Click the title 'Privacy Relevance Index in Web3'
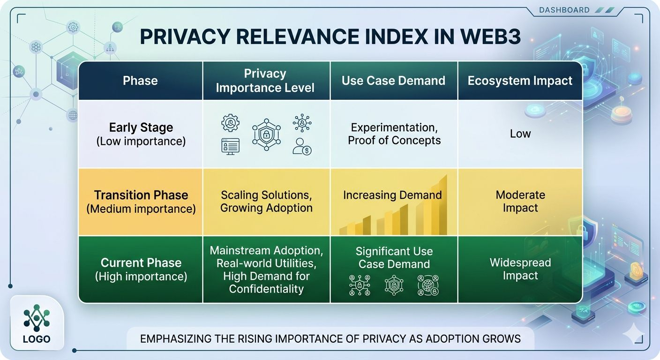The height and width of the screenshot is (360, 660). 330,37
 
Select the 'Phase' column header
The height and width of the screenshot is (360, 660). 140,81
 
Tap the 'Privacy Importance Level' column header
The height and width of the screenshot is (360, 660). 265,81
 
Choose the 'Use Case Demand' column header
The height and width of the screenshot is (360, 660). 393,81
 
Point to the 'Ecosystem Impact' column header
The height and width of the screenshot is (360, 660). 520,81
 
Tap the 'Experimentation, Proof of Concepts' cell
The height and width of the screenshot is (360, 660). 394,134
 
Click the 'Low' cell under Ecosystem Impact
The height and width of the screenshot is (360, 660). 520,134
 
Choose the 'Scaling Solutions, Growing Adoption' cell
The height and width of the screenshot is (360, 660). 266,202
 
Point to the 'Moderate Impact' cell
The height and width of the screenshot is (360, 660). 520,202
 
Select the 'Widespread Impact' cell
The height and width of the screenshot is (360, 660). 520,269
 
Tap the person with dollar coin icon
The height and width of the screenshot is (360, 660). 302,146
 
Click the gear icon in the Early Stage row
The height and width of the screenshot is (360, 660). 230,123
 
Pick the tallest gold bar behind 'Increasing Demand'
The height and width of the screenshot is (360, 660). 440,206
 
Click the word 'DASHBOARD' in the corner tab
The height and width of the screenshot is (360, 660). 564,10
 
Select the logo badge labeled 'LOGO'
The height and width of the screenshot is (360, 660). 36,323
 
